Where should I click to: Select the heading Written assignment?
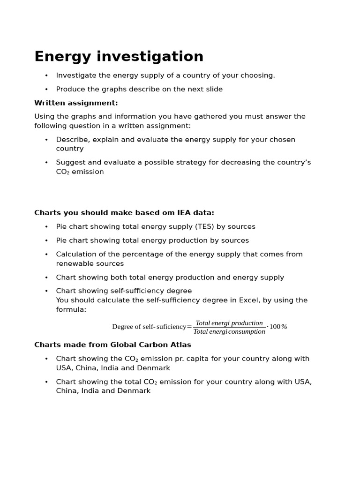point(76,103)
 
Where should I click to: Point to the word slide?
point(214,89)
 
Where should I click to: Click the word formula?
point(71,310)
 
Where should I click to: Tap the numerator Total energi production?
point(229,323)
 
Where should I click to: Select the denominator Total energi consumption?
point(229,332)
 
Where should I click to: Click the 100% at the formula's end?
point(278,327)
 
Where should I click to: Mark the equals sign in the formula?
point(189,327)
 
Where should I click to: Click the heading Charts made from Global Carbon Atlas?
point(112,345)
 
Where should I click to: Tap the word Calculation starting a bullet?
point(76,255)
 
